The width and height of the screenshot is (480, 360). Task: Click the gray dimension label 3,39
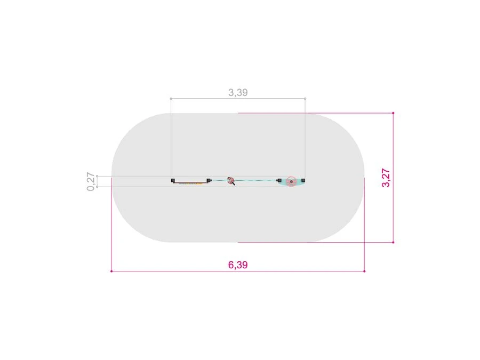(x=238, y=92)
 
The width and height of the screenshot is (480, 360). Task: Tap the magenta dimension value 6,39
(x=238, y=265)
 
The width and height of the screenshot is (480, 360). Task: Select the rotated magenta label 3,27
(x=386, y=178)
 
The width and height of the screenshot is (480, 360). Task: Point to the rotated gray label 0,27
(x=91, y=181)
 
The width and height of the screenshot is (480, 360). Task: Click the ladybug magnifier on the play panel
(x=231, y=181)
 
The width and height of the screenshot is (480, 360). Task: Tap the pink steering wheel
(x=291, y=181)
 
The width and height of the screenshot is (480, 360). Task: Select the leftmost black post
(x=173, y=181)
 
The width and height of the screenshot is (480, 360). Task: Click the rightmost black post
(x=303, y=181)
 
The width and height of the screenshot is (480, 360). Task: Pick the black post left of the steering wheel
(x=279, y=181)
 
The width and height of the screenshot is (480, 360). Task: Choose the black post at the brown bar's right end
(x=209, y=181)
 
